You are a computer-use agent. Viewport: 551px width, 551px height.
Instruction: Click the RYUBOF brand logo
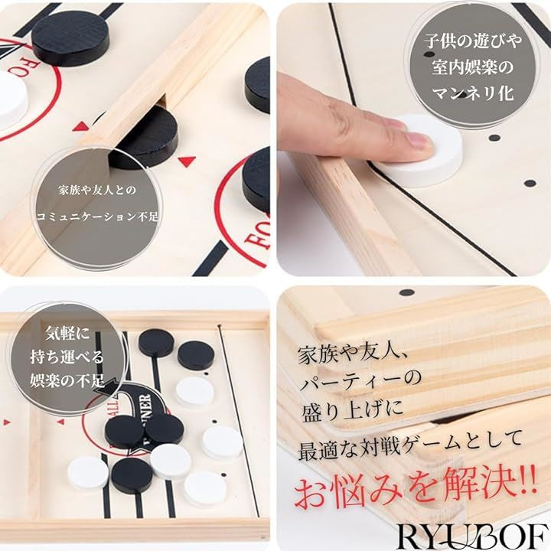pyautogui.click(x=471, y=536)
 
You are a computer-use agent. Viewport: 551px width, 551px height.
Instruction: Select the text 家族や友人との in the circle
pyautogui.click(x=97, y=191)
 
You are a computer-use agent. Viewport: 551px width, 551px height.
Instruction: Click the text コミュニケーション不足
pyautogui.click(x=97, y=216)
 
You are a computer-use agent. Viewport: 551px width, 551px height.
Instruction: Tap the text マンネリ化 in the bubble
pyautogui.click(x=473, y=93)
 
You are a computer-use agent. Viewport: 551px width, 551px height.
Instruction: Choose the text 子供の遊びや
pyautogui.click(x=473, y=42)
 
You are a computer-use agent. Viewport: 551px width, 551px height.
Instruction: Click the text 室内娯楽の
pyautogui.click(x=473, y=67)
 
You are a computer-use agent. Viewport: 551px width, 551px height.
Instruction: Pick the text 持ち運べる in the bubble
pyautogui.click(x=67, y=357)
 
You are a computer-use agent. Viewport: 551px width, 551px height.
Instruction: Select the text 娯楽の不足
pyautogui.click(x=67, y=380)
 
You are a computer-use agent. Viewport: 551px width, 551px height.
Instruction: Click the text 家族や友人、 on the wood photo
pyautogui.click(x=352, y=355)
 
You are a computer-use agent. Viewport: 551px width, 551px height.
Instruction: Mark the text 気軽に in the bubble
pyautogui.click(x=67, y=334)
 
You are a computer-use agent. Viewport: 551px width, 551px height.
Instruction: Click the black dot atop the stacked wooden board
pyautogui.click(x=407, y=292)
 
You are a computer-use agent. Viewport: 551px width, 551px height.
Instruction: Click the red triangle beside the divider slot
pyautogui.click(x=187, y=161)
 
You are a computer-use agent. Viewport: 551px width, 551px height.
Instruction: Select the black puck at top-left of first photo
pyautogui.click(x=70, y=38)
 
